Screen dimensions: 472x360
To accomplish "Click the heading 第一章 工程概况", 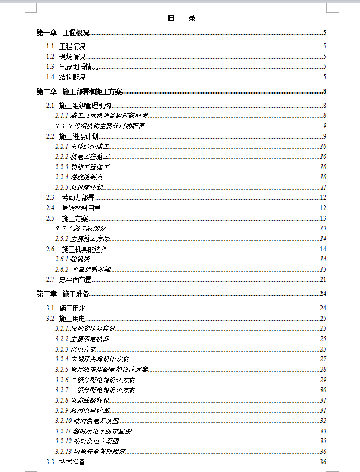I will pyautogui.click(x=63, y=33).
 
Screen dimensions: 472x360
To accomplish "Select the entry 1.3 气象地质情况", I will pyautogui.click(x=72, y=67).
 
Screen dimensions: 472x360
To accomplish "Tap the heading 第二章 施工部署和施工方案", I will pyautogui.click(x=79, y=91).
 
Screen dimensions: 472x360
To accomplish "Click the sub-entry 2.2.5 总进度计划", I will pyautogui.click(x=79, y=188).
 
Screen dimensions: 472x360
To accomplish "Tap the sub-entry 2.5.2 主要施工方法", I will pyautogui.click(x=82, y=239).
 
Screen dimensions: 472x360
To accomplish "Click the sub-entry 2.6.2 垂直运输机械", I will pyautogui.click(x=83, y=270).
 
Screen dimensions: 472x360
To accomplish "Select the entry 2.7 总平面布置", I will pyautogui.click(x=69, y=279).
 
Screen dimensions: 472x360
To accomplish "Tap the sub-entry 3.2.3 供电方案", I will pyautogui.click(x=75, y=349).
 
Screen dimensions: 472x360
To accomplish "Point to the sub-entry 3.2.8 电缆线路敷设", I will pyautogui.click(x=82, y=400).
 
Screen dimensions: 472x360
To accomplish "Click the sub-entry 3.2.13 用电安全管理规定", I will pyautogui.click(x=90, y=452).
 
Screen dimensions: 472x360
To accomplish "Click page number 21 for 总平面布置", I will pyautogui.click(x=323, y=279).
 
